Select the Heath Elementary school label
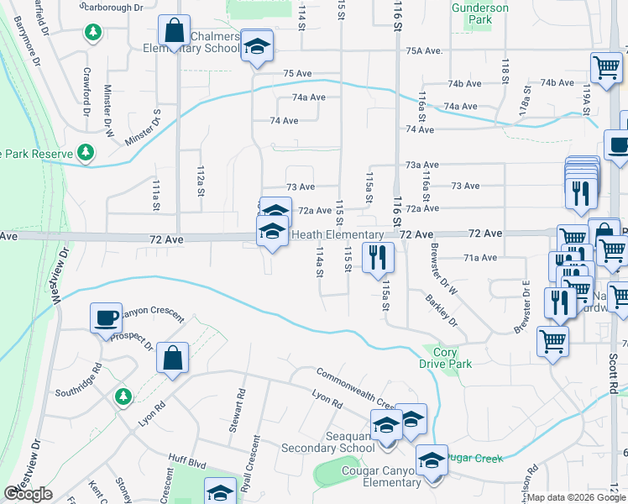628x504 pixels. [338, 234]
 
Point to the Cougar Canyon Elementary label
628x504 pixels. [381, 476]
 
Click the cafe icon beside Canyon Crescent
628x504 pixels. [107, 318]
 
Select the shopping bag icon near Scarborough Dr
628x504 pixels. [174, 31]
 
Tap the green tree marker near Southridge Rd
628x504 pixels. [123, 395]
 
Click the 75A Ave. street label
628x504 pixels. [424, 51]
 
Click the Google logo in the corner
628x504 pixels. [28, 494]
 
